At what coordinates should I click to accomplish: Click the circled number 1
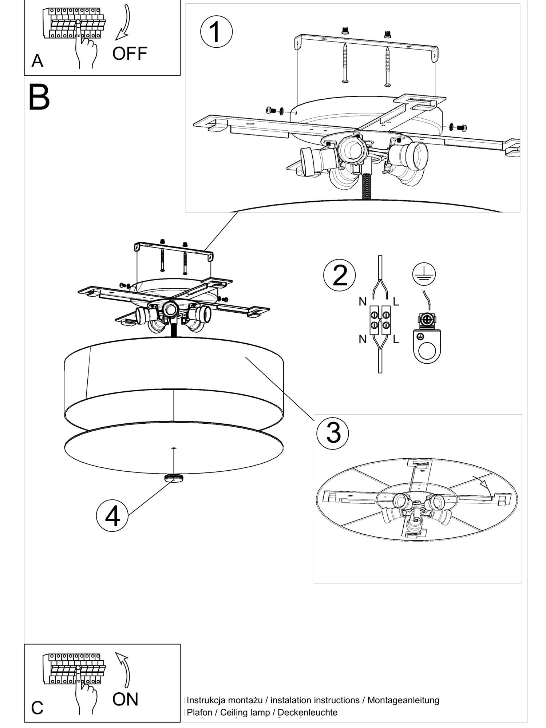tap(216, 32)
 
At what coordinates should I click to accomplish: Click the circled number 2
tap(339, 276)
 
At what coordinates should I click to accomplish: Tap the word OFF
tap(130, 54)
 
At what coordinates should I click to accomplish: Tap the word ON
tap(125, 699)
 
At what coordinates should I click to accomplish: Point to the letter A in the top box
tap(37, 61)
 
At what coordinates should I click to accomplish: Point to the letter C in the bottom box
tap(37, 708)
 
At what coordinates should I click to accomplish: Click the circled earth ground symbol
tap(424, 274)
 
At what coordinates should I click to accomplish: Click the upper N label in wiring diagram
tap(363, 302)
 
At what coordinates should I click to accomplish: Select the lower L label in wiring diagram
tap(396, 340)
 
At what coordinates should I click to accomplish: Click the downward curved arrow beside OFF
tap(124, 23)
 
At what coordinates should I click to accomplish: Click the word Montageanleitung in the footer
tap(403, 700)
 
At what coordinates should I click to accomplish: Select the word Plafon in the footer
tap(199, 712)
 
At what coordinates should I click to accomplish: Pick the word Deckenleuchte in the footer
tap(307, 712)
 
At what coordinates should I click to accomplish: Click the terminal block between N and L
tap(380, 320)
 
